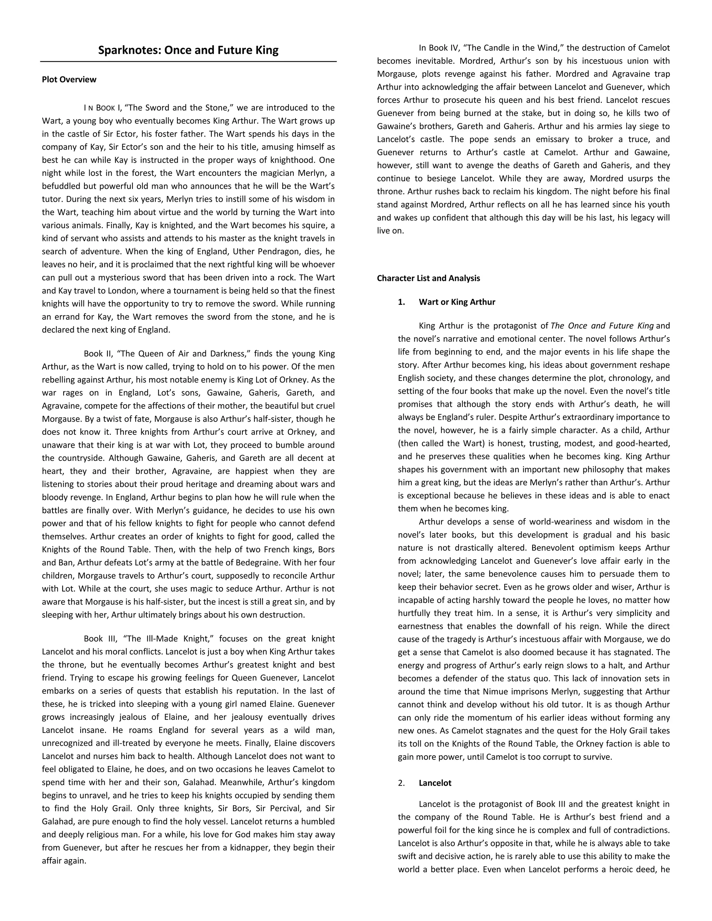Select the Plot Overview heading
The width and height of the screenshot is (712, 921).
[x=69, y=80]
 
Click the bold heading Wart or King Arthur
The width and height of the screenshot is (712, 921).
[x=457, y=302]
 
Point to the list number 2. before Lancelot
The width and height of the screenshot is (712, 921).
[x=401, y=783]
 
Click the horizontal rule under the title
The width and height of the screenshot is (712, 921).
[x=188, y=62]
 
